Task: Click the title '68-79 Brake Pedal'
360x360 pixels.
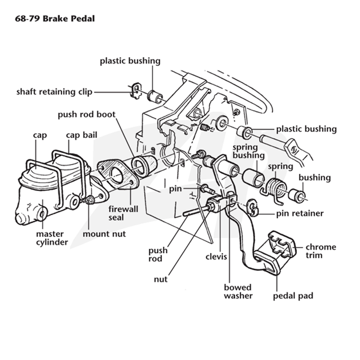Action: (55, 18)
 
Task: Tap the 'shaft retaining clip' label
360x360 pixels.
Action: (54, 92)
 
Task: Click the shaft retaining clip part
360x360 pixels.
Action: (136, 91)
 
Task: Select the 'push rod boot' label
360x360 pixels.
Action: (86, 115)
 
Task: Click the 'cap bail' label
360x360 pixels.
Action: (81, 135)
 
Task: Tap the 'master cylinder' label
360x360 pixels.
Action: (52, 238)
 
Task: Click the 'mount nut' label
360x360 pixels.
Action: (104, 234)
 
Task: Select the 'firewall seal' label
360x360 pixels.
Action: (123, 213)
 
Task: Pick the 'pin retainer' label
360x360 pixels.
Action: (300, 213)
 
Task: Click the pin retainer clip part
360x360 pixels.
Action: (253, 208)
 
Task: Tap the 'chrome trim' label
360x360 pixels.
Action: (321, 251)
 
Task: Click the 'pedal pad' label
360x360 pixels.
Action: (293, 296)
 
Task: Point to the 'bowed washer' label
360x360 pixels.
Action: (238, 292)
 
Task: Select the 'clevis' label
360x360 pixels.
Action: (216, 256)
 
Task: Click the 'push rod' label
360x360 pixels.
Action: (158, 254)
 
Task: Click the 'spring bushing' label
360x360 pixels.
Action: (249, 151)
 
